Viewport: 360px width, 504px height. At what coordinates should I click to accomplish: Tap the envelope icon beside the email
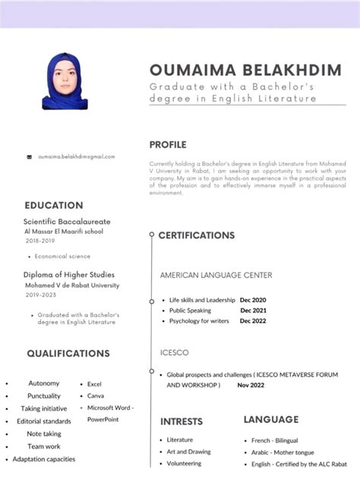click(x=29, y=157)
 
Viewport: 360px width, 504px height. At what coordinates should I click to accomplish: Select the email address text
click(x=76, y=157)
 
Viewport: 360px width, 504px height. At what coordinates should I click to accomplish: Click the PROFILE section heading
click(x=168, y=145)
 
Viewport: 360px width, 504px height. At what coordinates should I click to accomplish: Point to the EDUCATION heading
click(x=54, y=205)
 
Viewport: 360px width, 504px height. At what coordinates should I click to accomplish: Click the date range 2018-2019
click(x=40, y=240)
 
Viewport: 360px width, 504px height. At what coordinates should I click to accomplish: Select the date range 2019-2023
click(x=41, y=295)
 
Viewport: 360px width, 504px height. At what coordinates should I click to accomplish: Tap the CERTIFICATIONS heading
click(x=197, y=235)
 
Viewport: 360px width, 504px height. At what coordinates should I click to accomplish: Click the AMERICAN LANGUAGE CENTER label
click(x=216, y=275)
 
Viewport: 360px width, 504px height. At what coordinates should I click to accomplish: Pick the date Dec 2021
click(x=253, y=310)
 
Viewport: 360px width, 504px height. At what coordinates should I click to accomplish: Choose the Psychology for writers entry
click(x=199, y=321)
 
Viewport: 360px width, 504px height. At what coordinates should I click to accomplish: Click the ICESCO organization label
click(x=175, y=353)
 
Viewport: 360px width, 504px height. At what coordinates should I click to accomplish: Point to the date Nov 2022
click(x=250, y=386)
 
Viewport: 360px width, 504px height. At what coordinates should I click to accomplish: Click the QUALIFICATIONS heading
click(x=68, y=354)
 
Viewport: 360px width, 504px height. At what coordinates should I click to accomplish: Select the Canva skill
click(x=96, y=396)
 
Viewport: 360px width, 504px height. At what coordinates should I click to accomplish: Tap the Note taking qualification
click(x=44, y=434)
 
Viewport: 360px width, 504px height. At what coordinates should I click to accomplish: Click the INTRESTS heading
click(x=182, y=421)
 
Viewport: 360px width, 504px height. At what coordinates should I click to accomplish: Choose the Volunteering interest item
click(x=184, y=463)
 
